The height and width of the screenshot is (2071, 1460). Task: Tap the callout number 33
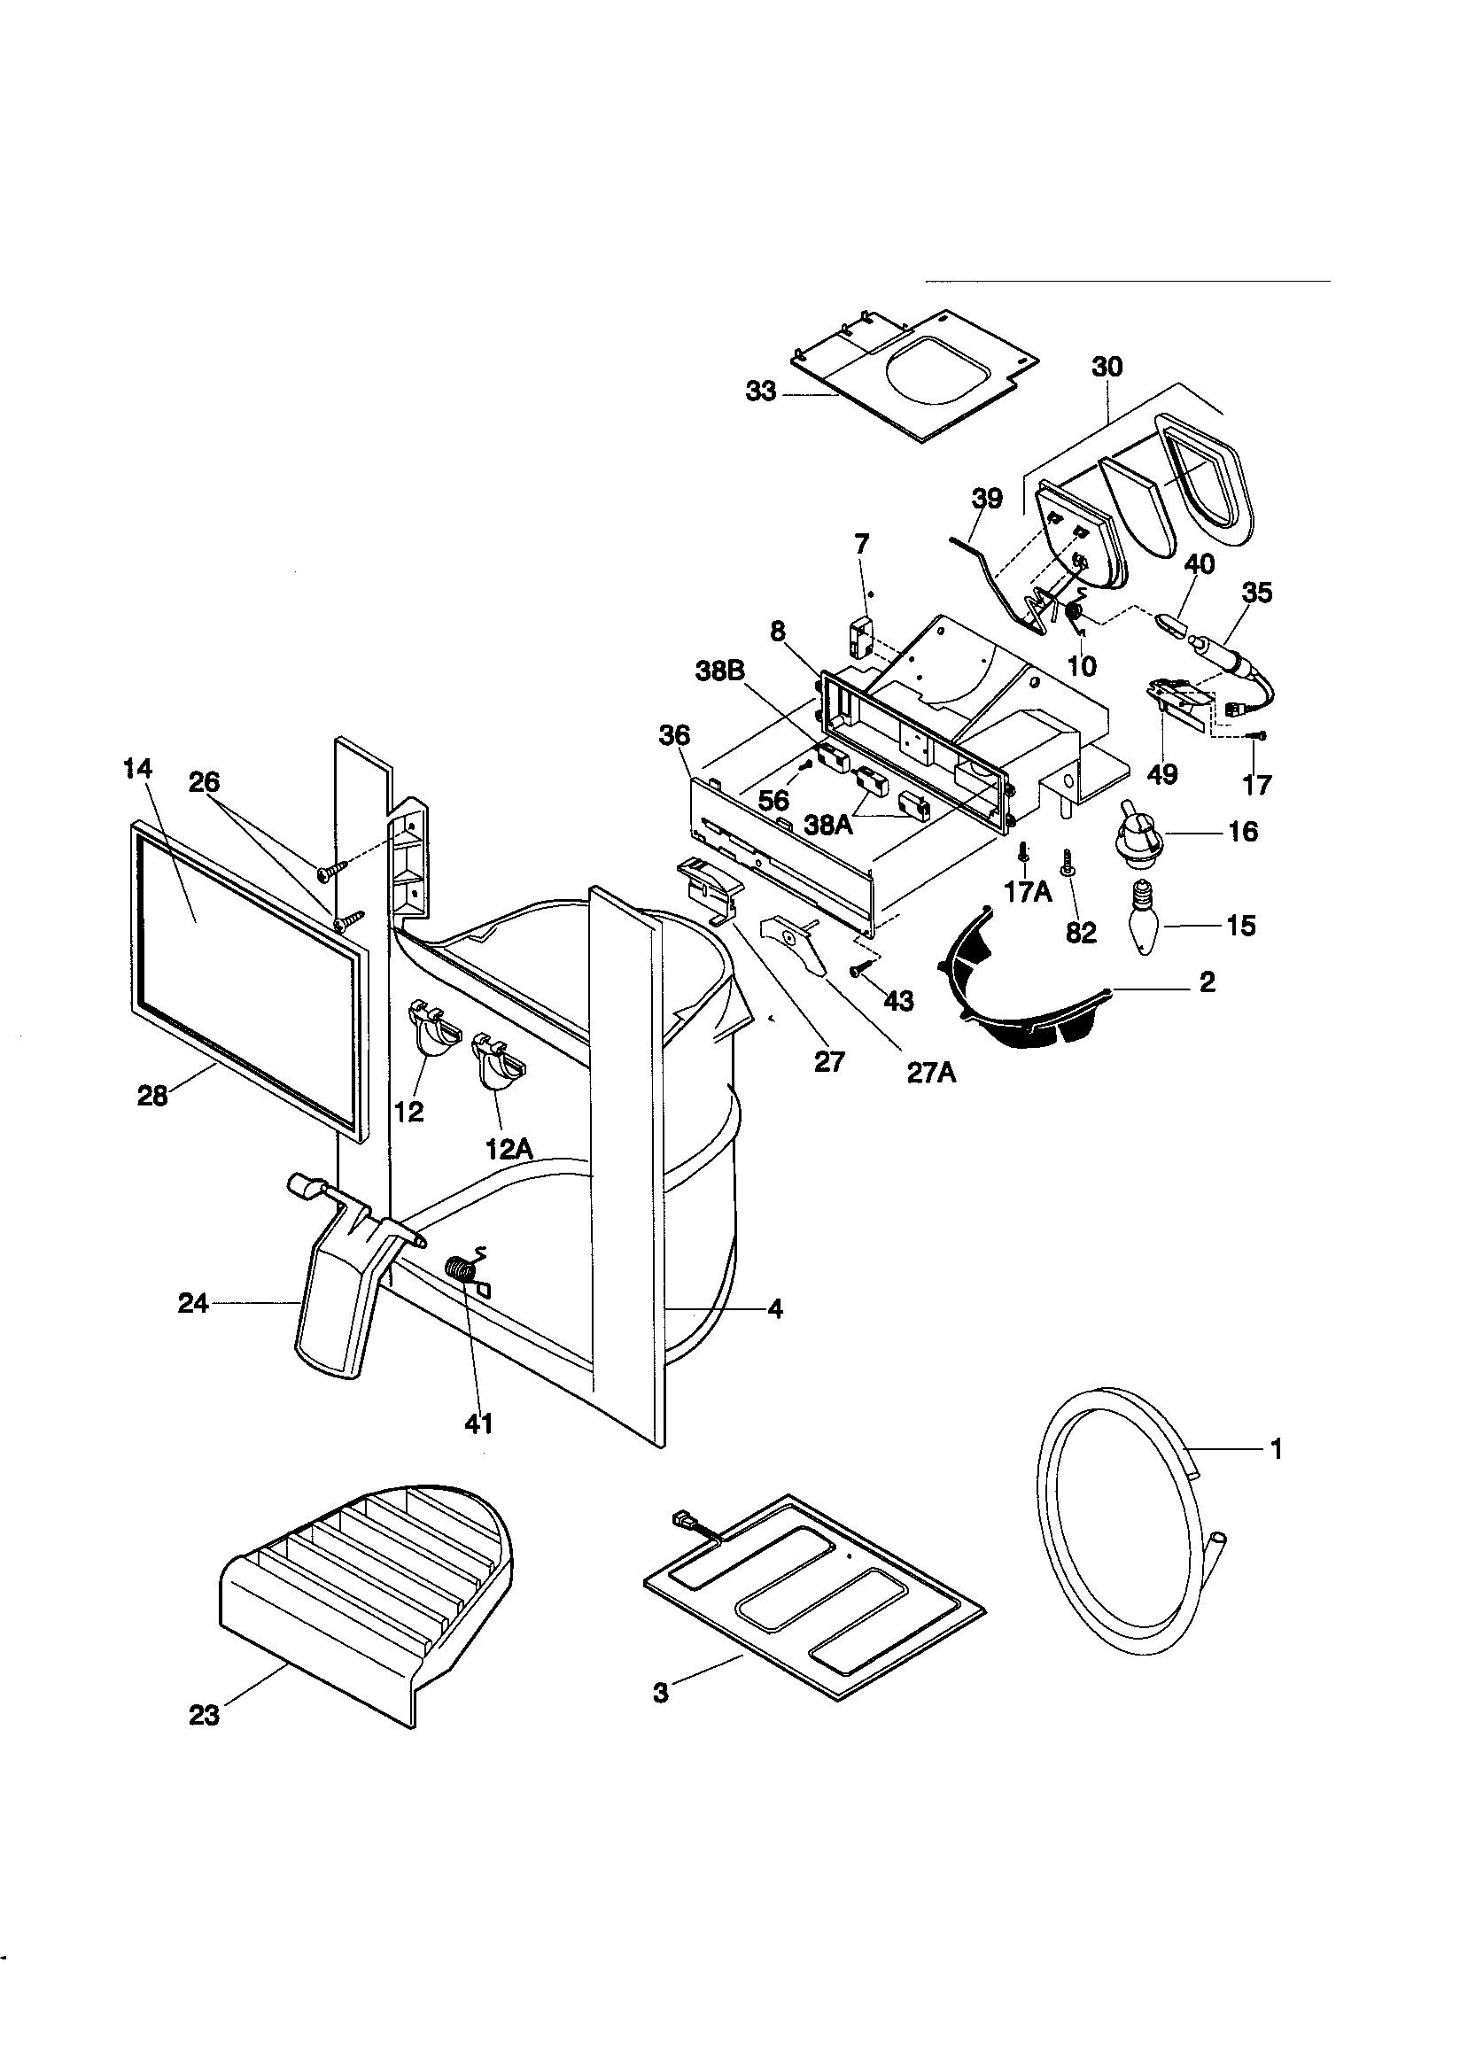[x=761, y=392]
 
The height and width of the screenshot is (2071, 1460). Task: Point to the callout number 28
[x=153, y=1096]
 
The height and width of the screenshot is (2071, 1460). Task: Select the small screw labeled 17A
[x=1023, y=851]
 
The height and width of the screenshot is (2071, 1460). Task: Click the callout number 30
[x=1107, y=367]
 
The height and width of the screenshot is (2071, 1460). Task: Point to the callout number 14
[x=139, y=769]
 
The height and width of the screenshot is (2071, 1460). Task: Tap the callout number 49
[x=1163, y=773]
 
